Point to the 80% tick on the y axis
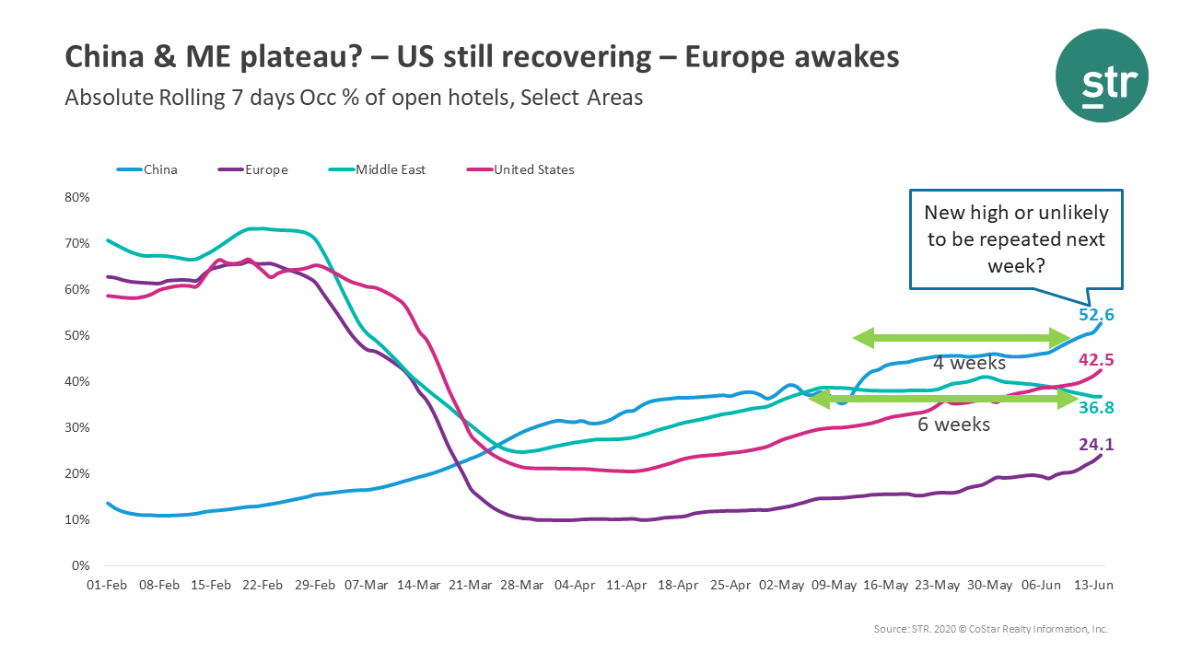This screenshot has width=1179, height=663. click(76, 197)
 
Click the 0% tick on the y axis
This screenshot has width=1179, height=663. click(80, 565)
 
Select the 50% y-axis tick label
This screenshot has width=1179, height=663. click(76, 335)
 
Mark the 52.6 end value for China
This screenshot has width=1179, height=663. click(1097, 315)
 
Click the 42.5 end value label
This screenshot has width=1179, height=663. click(1097, 360)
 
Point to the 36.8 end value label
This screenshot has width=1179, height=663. click(1097, 408)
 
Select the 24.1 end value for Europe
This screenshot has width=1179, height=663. click(1097, 445)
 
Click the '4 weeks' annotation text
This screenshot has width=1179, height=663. click(962, 362)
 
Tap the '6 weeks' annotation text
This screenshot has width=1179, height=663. click(953, 425)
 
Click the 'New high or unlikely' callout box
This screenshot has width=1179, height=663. click(1016, 238)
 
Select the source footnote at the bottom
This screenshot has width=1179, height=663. click(990, 629)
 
